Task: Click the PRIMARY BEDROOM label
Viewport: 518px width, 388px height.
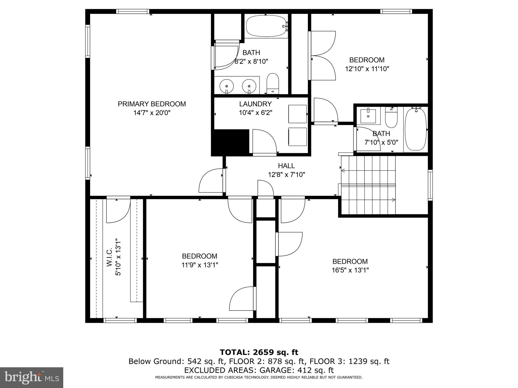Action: (152, 104)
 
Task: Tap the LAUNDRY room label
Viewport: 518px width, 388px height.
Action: (255, 104)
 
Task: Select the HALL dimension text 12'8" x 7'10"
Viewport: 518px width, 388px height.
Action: (286, 175)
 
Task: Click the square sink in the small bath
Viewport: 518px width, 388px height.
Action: (368, 116)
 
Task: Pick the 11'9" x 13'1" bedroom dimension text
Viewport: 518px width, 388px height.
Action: (200, 265)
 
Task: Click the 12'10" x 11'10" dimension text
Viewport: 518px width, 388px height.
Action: (367, 69)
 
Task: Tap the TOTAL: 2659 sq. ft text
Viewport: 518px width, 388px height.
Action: (259, 352)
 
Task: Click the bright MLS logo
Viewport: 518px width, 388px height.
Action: (32, 377)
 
